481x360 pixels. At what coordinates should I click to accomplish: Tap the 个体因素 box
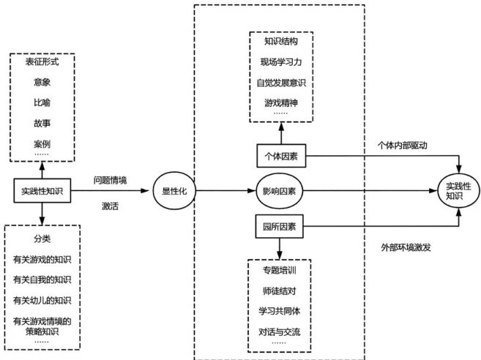tap(281, 155)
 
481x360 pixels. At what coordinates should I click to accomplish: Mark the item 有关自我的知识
tap(42, 280)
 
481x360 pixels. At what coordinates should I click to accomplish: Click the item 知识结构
tap(281, 42)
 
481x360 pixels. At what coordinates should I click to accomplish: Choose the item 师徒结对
tap(281, 291)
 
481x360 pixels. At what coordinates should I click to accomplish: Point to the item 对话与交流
tap(281, 331)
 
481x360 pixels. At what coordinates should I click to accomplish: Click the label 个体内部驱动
tap(401, 145)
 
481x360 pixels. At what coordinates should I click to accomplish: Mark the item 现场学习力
tap(281, 62)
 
